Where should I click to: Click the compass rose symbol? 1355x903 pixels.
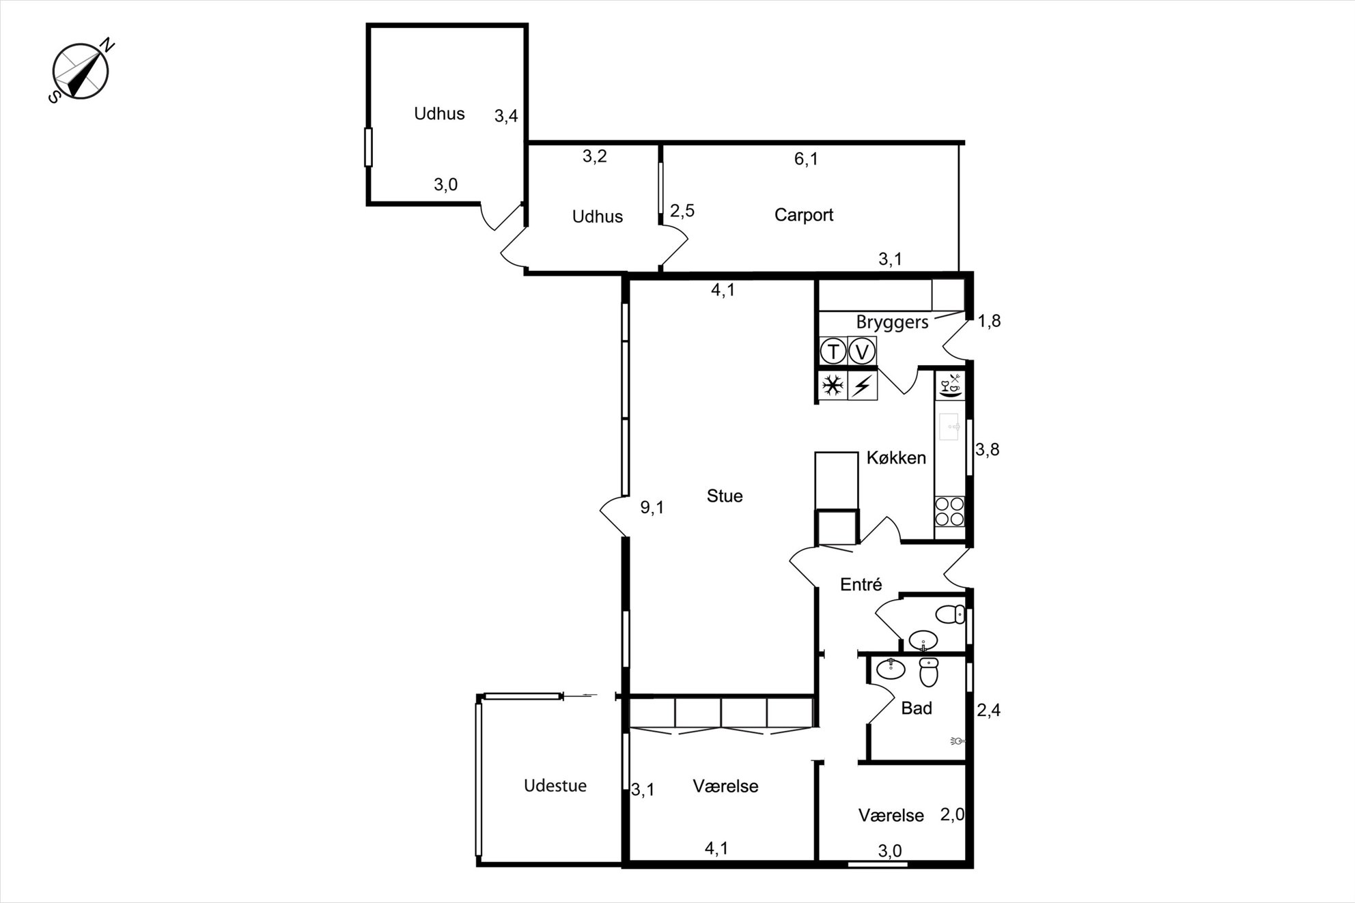click(81, 70)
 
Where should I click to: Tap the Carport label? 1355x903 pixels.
click(804, 215)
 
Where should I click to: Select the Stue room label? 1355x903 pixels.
click(725, 496)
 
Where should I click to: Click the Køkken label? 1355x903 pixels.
click(896, 458)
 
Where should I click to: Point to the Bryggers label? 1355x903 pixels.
click(892, 323)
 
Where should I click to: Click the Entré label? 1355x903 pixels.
click(861, 584)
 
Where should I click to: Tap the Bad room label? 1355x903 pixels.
click(917, 708)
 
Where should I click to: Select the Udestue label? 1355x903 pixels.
click(555, 786)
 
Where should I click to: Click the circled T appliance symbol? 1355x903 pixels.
click(833, 352)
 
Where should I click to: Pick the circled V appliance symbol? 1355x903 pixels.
click(862, 352)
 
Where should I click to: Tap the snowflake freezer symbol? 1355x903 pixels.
click(833, 386)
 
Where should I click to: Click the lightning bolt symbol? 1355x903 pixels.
click(862, 386)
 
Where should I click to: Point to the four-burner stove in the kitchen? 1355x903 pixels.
click(950, 512)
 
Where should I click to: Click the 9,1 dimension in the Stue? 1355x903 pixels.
click(652, 508)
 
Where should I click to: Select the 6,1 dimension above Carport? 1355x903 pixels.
click(806, 159)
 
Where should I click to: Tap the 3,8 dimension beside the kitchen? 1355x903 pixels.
click(988, 450)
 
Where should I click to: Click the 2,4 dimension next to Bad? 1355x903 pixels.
click(988, 711)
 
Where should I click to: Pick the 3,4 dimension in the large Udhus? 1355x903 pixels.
click(506, 116)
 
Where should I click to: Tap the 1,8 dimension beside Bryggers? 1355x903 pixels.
click(989, 321)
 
